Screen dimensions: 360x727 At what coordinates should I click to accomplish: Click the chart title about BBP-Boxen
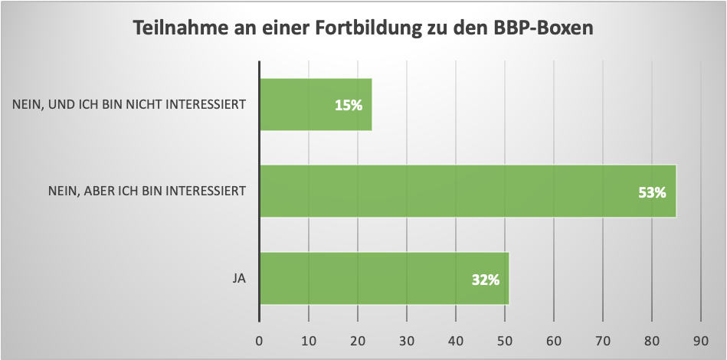[364, 28]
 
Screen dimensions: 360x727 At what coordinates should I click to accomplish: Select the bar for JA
[384, 277]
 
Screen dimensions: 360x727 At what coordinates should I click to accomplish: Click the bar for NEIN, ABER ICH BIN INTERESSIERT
[467, 191]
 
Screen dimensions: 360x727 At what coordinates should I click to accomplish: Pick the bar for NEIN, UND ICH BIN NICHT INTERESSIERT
[316, 104]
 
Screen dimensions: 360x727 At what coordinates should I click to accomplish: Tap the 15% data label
[348, 105]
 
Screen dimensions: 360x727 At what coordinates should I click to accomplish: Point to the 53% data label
[652, 191]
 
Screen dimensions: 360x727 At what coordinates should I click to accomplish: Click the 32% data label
[486, 279]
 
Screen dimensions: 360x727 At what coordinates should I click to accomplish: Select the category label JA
[239, 278]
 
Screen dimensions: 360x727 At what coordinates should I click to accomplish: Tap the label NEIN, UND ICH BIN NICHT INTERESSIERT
[129, 104]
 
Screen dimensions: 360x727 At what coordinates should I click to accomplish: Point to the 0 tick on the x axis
[260, 339]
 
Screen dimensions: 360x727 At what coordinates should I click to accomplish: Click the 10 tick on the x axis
[309, 339]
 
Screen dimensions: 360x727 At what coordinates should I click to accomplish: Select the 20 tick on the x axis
[358, 339]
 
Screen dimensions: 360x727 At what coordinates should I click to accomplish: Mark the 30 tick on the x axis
[407, 339]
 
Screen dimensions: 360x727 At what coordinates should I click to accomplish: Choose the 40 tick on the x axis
[456, 339]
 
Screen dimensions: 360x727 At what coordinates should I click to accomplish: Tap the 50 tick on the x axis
[505, 339]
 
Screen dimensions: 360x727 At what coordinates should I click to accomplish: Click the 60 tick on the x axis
[554, 339]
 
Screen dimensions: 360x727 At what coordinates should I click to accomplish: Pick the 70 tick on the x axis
[603, 339]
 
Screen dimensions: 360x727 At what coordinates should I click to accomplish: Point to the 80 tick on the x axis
[652, 339]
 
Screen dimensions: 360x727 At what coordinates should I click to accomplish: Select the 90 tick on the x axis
[701, 339]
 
